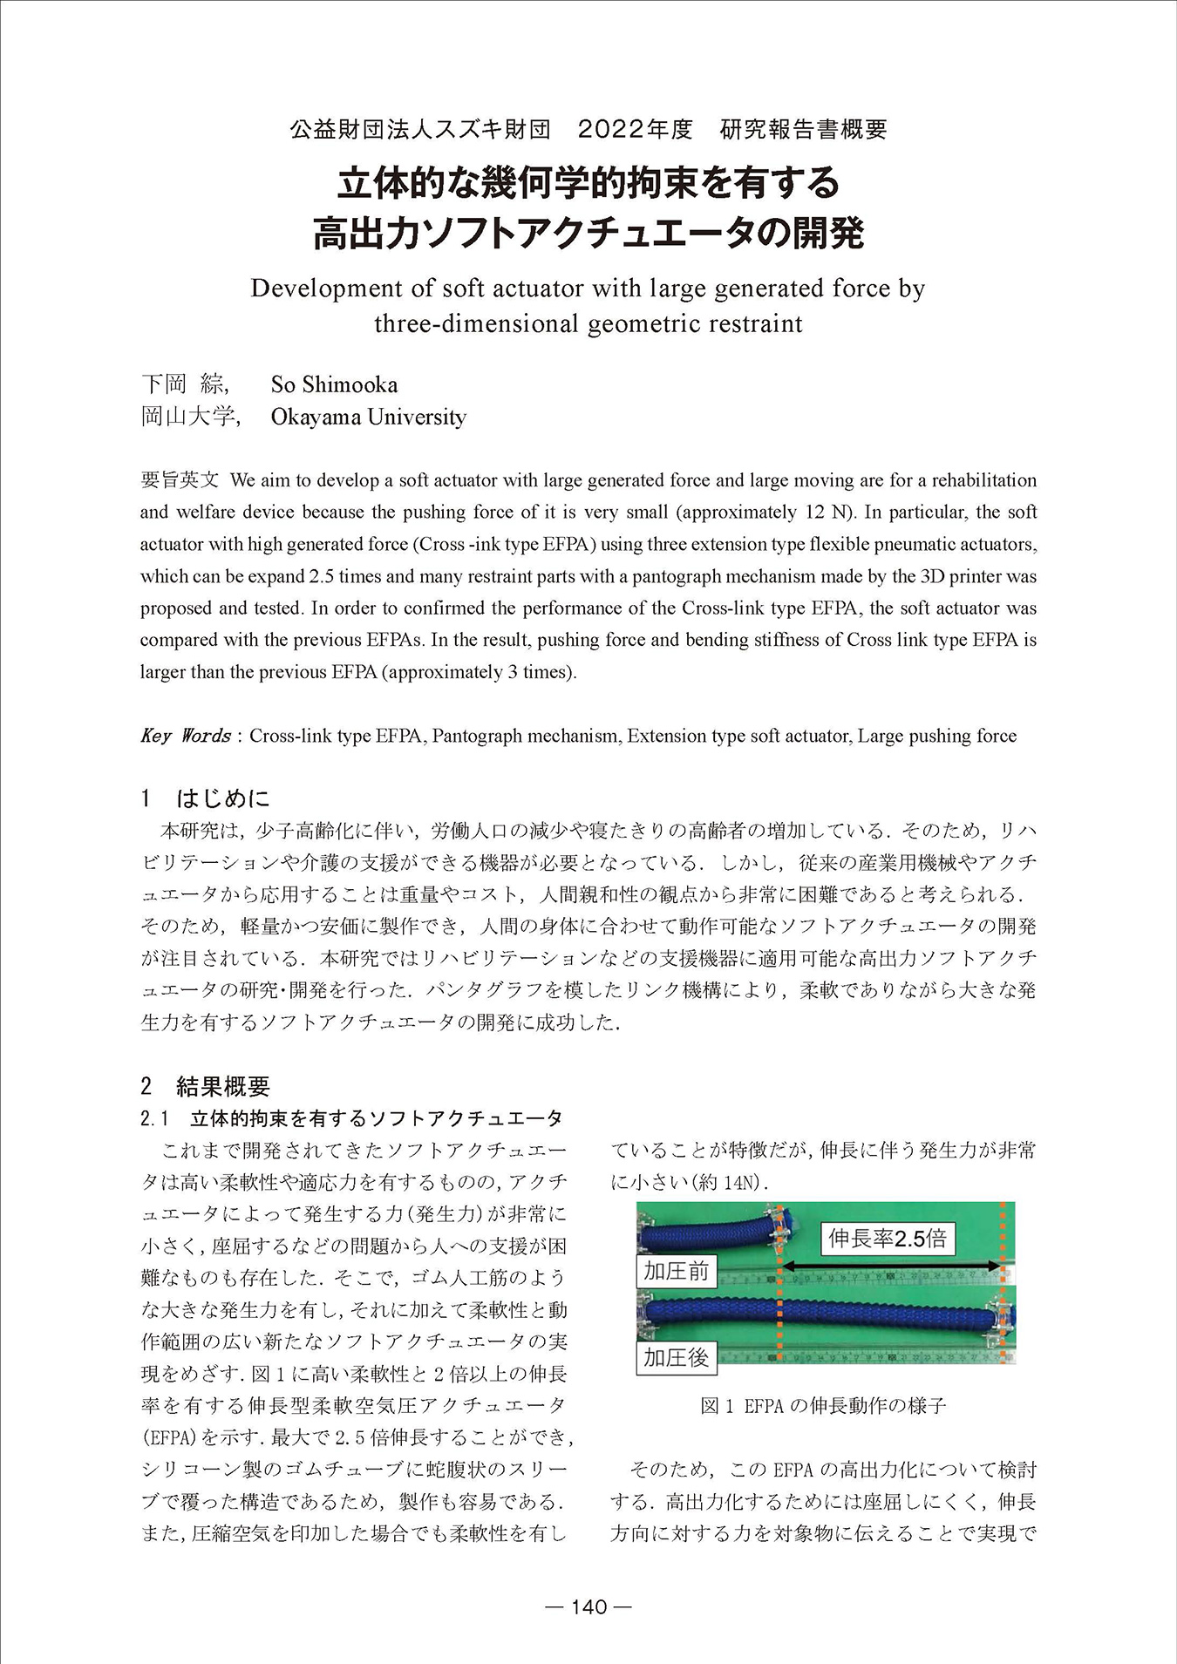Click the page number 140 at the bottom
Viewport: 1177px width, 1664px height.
click(588, 1606)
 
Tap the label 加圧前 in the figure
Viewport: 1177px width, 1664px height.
click(676, 1271)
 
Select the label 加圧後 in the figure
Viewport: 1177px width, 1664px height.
click(676, 1357)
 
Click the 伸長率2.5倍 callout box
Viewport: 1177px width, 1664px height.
click(888, 1238)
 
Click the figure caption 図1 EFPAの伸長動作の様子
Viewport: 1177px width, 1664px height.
click(823, 1406)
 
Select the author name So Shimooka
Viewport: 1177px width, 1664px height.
click(334, 384)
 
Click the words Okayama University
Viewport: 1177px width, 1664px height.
click(368, 417)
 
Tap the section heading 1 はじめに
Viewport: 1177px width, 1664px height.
click(206, 798)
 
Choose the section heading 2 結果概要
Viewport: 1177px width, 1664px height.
click(206, 1086)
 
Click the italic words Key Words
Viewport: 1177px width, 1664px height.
click(185, 736)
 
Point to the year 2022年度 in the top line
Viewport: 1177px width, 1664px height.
click(635, 130)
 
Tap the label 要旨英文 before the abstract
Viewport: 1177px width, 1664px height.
click(180, 480)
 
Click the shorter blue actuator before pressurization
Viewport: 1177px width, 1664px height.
click(706, 1234)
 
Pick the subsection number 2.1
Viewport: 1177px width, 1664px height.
click(154, 1118)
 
